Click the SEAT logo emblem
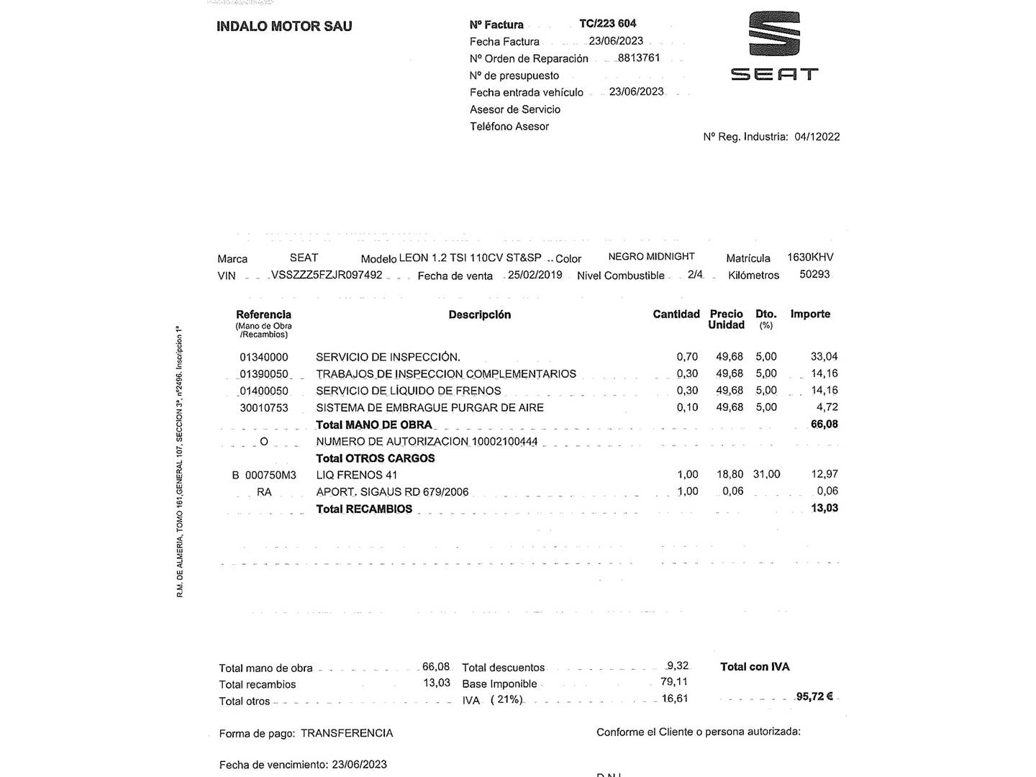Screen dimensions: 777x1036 [774, 34]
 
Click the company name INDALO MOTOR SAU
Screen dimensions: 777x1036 [284, 27]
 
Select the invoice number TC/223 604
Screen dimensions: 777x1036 [607, 24]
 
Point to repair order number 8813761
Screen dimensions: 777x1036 [638, 58]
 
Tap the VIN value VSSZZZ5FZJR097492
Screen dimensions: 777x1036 [327, 275]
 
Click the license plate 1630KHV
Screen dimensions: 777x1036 [810, 257]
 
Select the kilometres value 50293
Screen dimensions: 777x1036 [814, 274]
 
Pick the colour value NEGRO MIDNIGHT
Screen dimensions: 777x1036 [651, 257]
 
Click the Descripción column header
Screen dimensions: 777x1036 [479, 314]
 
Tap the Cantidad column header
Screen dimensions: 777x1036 [676, 314]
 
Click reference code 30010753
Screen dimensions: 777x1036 [264, 408]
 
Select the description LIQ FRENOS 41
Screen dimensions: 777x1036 [357, 475]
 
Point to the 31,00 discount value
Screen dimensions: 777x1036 [766, 474]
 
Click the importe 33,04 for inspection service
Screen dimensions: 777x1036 [824, 356]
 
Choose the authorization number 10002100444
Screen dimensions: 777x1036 [504, 442]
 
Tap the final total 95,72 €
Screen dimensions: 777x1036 [814, 696]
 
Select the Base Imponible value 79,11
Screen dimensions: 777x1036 [673, 682]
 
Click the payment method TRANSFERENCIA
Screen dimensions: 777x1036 [347, 733]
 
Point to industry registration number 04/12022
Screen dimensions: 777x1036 [817, 137]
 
